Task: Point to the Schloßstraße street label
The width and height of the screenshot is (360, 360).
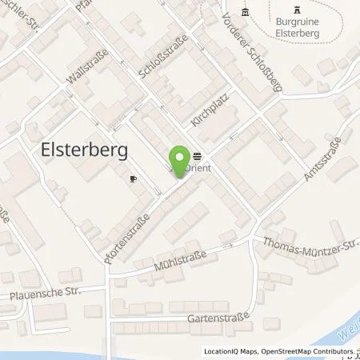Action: (153, 59)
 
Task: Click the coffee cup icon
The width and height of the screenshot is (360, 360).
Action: (134, 179)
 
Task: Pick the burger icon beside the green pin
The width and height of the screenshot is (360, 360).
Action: (197, 157)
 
